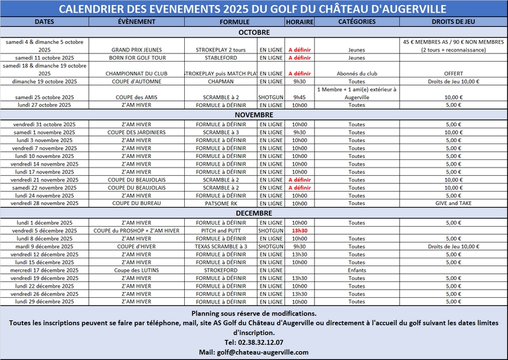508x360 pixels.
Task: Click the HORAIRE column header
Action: point(299,22)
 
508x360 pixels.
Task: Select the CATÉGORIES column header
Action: point(357,22)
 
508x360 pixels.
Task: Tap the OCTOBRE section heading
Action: point(254,32)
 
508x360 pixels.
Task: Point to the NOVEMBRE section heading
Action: point(254,115)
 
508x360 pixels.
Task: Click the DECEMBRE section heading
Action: point(254,214)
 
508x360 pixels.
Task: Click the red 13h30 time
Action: point(299,230)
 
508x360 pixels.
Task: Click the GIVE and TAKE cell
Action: point(453,203)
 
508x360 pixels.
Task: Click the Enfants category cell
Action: point(357,270)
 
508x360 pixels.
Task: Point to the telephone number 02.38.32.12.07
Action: point(254,342)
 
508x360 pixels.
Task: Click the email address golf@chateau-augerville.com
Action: point(254,352)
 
